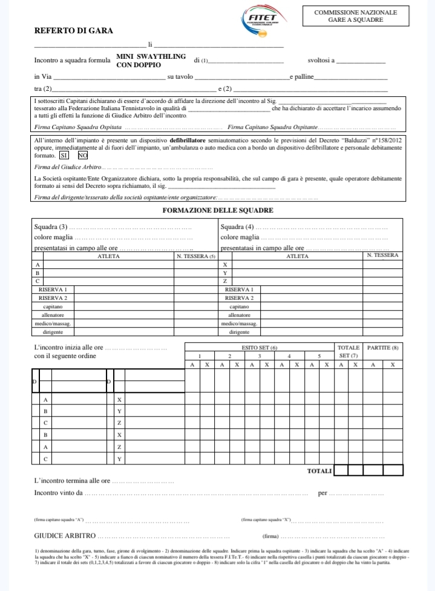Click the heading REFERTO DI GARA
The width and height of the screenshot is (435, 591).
click(x=73, y=30)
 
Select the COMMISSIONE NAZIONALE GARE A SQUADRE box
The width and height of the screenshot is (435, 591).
click(x=356, y=16)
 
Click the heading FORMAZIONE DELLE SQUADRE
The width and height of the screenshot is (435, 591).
click(x=218, y=210)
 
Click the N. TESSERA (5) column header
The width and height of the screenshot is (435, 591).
click(x=195, y=256)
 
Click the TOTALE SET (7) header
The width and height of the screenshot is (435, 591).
click(x=348, y=351)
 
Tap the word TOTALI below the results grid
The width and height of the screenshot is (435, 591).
click(x=319, y=470)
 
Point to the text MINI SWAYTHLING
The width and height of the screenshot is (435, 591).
click(x=151, y=56)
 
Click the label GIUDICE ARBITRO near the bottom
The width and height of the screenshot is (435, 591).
click(x=65, y=536)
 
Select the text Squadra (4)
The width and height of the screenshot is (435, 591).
click(x=237, y=227)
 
